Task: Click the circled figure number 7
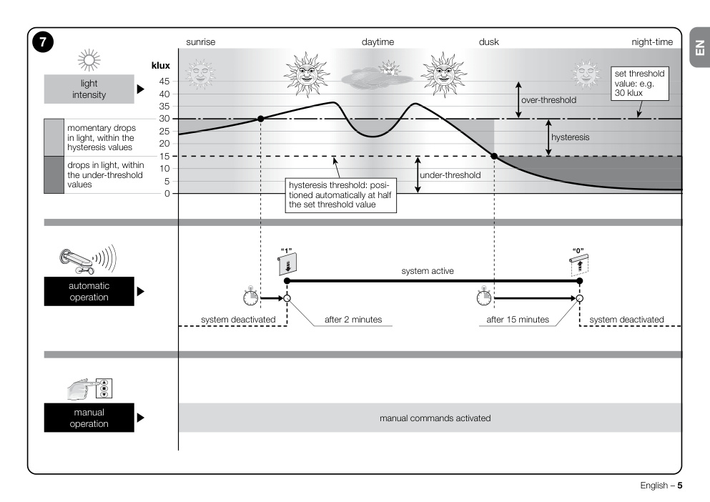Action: [x=43, y=42]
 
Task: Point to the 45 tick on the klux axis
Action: [x=164, y=82]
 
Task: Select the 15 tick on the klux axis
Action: [x=164, y=157]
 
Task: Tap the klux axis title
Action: [x=161, y=66]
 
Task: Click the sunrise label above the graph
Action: [x=201, y=42]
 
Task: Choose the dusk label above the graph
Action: [x=489, y=42]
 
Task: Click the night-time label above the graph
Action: [x=652, y=42]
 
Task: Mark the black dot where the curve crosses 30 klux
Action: [x=260, y=119]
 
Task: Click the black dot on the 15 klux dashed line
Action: [x=495, y=157]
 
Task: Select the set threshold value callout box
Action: [x=639, y=84]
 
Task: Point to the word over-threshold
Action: [x=549, y=100]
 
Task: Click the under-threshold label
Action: [x=450, y=175]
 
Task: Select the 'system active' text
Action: [x=428, y=271]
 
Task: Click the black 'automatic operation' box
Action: [x=89, y=291]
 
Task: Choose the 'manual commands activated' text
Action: [x=435, y=418]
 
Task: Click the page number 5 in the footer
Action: [x=680, y=486]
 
